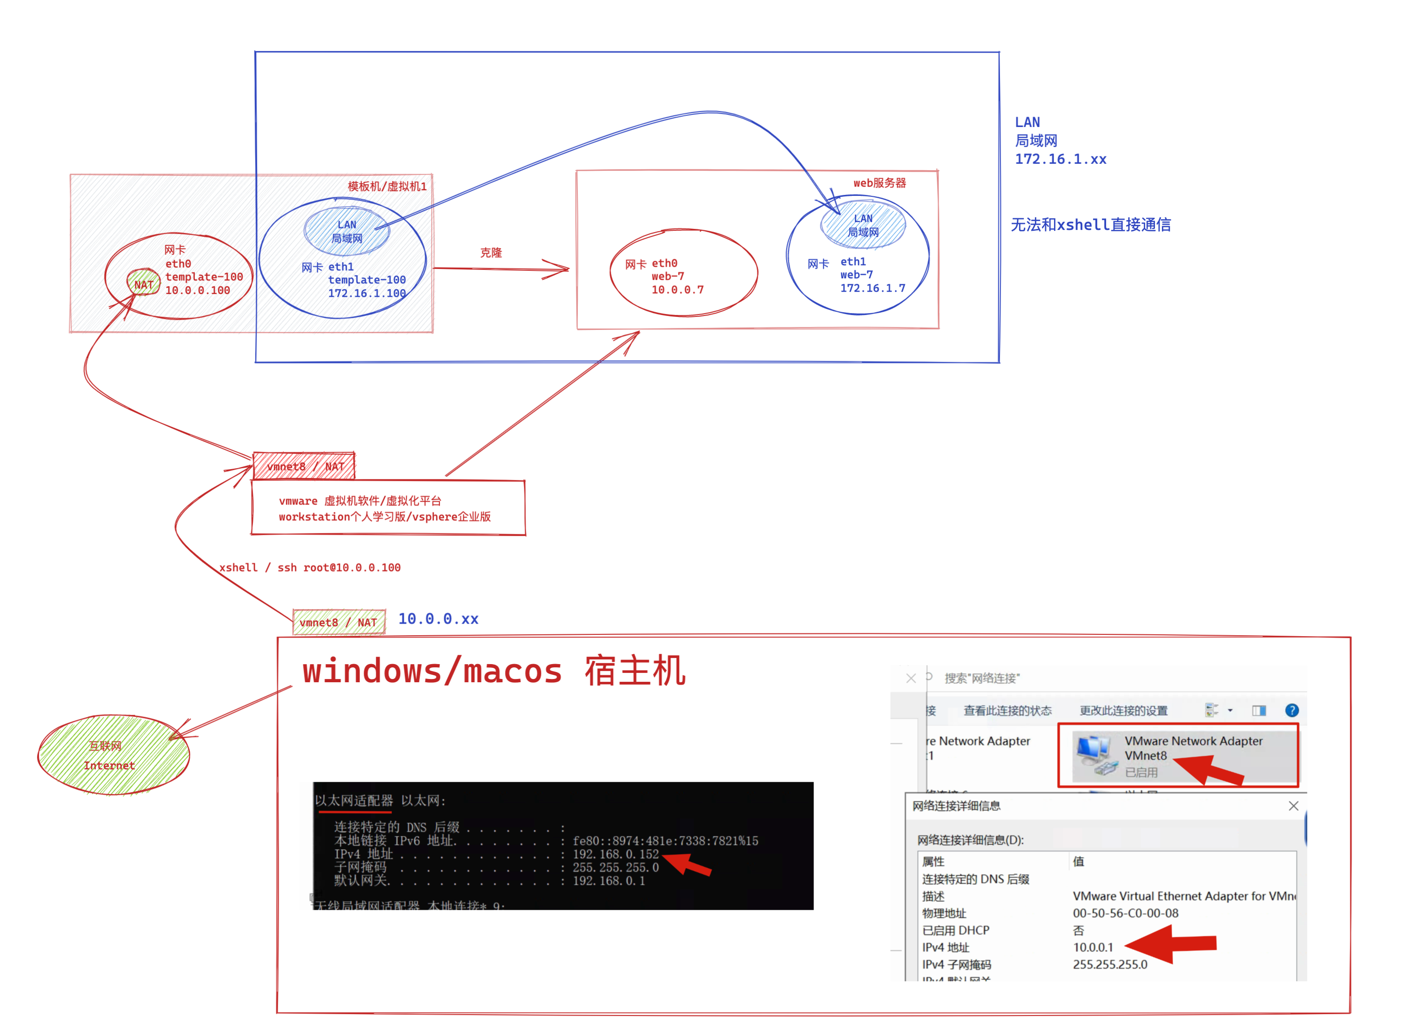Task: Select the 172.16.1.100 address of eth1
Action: click(x=367, y=293)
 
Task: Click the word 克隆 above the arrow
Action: click(x=491, y=253)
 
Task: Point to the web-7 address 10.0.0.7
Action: click(x=678, y=290)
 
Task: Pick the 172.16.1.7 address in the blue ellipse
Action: click(x=872, y=288)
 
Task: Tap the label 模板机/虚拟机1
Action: click(x=387, y=187)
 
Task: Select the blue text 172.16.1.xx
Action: click(x=1060, y=160)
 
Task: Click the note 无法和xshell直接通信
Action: click(x=1090, y=225)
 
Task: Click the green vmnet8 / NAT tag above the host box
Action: click(x=339, y=623)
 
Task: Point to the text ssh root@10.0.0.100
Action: click(x=339, y=568)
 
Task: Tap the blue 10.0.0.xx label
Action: click(x=438, y=619)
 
